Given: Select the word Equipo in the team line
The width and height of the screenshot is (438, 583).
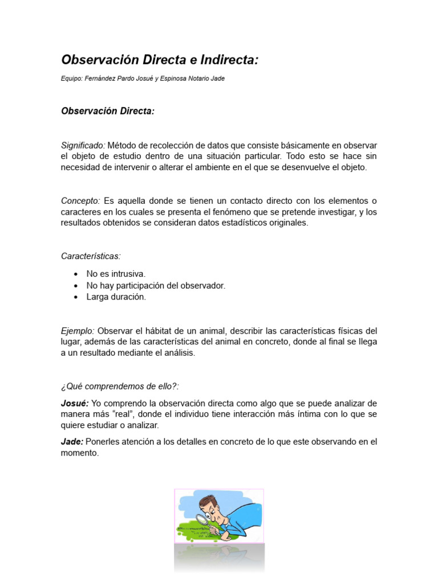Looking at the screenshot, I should tap(71, 79).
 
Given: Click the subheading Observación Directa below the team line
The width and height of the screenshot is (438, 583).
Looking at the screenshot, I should tap(108, 111).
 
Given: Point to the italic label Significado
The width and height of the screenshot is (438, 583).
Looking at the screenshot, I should tap(82, 145).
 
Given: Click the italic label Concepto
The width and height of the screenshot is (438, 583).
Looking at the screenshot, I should tap(80, 201).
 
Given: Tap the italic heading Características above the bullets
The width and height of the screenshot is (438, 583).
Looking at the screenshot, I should tap(91, 256).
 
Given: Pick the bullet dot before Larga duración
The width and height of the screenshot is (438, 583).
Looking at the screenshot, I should tap(75, 297).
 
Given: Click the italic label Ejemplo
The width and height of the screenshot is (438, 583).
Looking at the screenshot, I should tap(78, 331).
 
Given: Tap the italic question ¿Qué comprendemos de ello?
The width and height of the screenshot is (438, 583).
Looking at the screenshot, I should tap(120, 386).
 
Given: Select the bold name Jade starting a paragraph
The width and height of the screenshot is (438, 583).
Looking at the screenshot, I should tap(72, 442).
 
